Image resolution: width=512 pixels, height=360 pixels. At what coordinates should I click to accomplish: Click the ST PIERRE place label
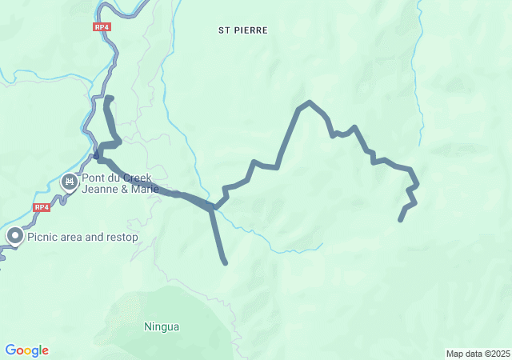[243, 30]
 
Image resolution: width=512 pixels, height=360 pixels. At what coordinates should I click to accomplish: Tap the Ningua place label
[162, 326]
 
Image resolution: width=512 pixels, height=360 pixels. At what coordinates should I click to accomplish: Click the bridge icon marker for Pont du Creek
[70, 183]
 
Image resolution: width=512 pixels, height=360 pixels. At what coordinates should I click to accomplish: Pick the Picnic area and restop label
[82, 237]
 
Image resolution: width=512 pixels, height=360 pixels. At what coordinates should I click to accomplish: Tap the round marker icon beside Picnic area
[15, 236]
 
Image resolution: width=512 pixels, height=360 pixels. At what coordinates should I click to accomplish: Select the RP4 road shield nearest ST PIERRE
[101, 26]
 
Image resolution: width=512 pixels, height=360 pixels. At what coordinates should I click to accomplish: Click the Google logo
[27, 350]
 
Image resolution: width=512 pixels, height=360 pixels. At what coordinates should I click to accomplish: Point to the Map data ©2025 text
[478, 354]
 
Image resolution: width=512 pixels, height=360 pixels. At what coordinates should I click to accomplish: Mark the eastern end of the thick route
[400, 219]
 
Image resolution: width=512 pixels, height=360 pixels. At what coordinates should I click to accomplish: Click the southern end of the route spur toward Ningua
[226, 262]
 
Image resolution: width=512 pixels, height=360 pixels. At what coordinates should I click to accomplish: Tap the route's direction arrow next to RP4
[96, 154]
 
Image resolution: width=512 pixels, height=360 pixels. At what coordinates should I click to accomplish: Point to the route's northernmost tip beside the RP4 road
[108, 98]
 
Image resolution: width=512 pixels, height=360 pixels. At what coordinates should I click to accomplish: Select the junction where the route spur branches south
[212, 208]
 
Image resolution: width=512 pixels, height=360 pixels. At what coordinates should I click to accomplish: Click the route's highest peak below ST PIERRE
[309, 102]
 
